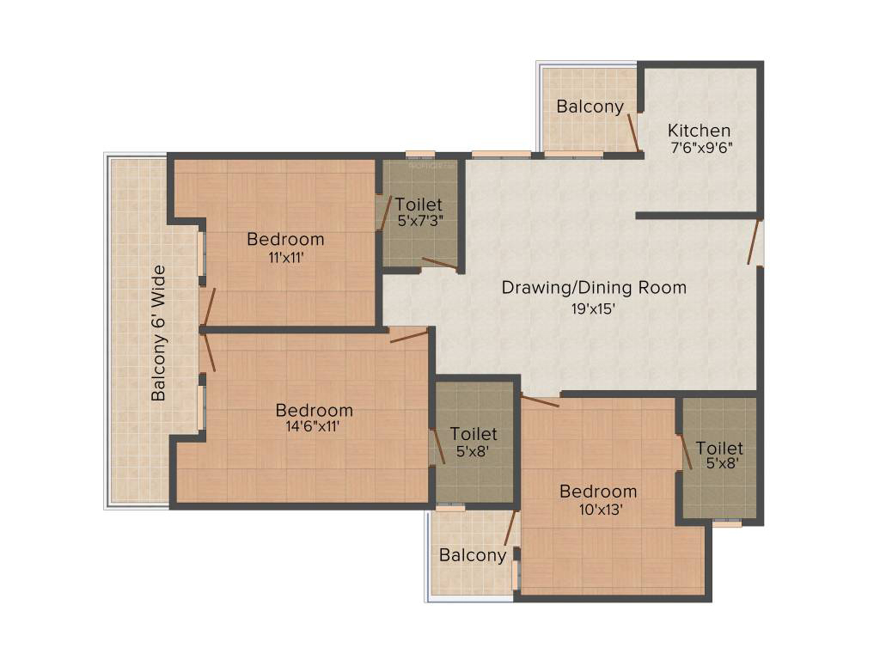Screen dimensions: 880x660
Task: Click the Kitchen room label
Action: tap(699, 131)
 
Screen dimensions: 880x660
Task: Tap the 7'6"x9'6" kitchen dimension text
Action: tap(702, 148)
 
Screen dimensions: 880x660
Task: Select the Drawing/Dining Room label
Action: tap(594, 287)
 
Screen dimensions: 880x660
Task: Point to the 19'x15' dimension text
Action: tap(594, 309)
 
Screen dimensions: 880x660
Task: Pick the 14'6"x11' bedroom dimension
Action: tap(313, 426)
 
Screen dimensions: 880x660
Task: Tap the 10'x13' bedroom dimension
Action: tap(601, 510)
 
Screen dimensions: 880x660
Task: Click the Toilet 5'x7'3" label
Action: tap(419, 211)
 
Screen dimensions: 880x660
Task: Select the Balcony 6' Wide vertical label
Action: tap(159, 333)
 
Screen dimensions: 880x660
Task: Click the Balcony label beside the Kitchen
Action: tap(590, 107)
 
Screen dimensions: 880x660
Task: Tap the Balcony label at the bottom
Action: tap(473, 555)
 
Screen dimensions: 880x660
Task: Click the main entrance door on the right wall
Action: tap(754, 241)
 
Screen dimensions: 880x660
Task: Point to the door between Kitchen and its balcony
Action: tap(634, 132)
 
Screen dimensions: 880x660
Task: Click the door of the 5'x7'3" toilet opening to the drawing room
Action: tap(441, 264)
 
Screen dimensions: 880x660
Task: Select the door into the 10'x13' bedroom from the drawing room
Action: tap(540, 400)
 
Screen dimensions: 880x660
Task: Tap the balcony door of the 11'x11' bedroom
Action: tap(209, 308)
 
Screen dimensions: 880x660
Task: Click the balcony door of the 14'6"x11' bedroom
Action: tap(209, 352)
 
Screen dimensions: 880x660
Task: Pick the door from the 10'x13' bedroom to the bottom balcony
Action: tap(510, 529)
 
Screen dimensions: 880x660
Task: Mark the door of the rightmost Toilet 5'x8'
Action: tap(686, 452)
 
